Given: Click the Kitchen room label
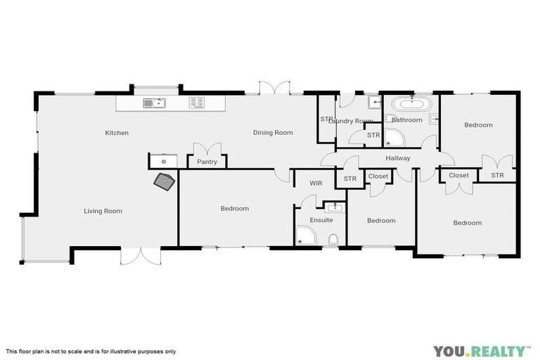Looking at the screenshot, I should [x=117, y=133].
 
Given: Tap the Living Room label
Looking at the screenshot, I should [x=103, y=211].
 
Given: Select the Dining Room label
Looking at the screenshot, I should [x=273, y=132].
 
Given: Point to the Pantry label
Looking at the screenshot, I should [x=207, y=162].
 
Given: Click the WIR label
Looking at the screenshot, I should [x=316, y=183].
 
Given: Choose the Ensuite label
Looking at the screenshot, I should [x=321, y=220].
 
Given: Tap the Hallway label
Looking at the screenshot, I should [x=398, y=158].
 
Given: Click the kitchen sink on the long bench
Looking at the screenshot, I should [x=154, y=103].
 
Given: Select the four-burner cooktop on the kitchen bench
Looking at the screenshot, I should [x=197, y=103].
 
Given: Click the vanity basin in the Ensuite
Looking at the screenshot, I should [x=334, y=206].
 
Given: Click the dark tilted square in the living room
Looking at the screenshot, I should [x=166, y=182].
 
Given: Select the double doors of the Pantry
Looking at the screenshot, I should [x=207, y=149].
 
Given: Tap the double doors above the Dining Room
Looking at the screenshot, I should [x=274, y=88].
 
